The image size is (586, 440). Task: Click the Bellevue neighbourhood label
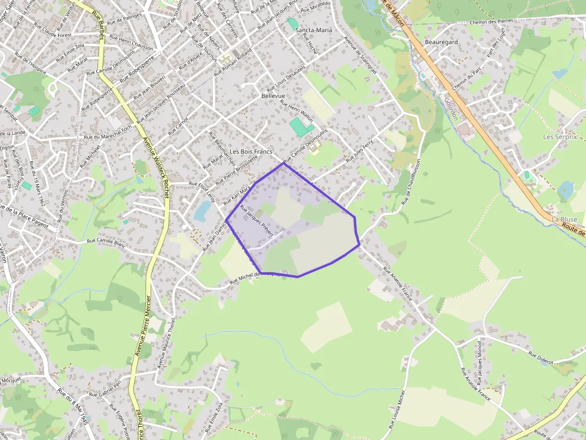click(273, 96)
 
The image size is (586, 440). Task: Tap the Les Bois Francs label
click(251, 152)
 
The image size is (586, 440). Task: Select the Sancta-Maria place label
click(314, 29)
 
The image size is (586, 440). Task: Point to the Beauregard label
click(441, 42)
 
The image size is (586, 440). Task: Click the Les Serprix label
click(560, 137)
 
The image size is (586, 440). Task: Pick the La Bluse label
click(564, 220)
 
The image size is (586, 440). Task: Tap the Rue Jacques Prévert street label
click(256, 221)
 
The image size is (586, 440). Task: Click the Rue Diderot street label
click(541, 358)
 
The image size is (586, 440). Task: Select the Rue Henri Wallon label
click(297, 110)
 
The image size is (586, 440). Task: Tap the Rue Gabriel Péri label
click(105, 389)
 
